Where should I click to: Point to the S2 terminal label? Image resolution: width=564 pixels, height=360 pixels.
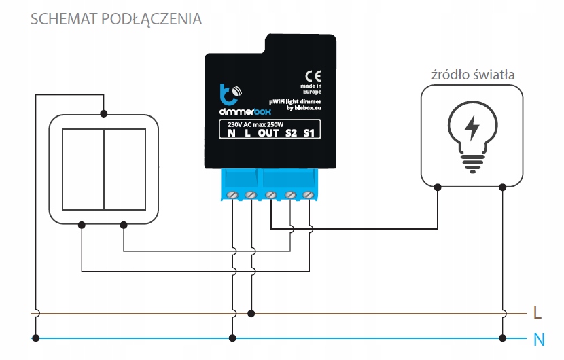pyautogui.click(x=292, y=133)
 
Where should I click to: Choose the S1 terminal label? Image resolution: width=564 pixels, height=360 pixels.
pyautogui.click(x=310, y=133)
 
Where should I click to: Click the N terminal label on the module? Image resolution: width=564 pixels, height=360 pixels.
pyautogui.click(x=232, y=133)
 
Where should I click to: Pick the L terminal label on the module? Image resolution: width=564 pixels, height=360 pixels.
pyautogui.click(x=248, y=133)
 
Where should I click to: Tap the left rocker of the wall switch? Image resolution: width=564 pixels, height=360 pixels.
pyautogui.click(x=82, y=168)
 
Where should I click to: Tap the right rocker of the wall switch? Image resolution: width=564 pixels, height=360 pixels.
pyautogui.click(x=124, y=168)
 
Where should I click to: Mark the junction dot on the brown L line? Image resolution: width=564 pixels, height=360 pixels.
pyautogui.click(x=252, y=314)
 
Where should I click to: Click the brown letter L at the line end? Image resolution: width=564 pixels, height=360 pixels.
pyautogui.click(x=537, y=313)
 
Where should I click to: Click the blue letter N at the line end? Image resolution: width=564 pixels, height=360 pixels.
pyautogui.click(x=539, y=338)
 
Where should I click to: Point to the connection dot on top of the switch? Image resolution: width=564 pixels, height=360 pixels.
pyautogui.click(x=103, y=113)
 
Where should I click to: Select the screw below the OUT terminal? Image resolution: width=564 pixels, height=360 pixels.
pyautogui.click(x=270, y=196)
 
